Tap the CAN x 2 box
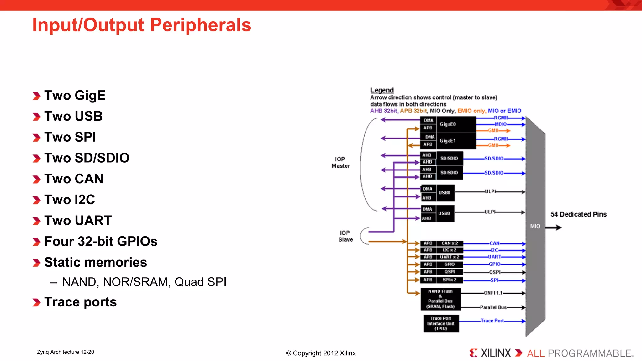tap(450, 243)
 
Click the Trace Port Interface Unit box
tap(441, 323)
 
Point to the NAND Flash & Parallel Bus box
tap(440, 299)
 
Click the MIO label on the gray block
tap(535, 226)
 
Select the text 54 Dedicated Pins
tap(578, 214)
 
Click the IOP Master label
tap(340, 162)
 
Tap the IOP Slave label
tap(345, 236)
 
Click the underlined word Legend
tap(382, 90)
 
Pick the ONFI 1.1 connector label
tap(493, 293)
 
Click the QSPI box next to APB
tap(450, 272)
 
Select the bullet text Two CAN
tap(74, 179)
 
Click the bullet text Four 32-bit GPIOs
tap(101, 242)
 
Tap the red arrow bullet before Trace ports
tap(37, 302)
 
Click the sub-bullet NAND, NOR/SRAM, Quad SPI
tap(144, 282)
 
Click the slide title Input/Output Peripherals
tap(142, 25)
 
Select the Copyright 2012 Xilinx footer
tap(321, 353)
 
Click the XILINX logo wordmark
tap(495, 353)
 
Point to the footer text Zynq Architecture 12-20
tap(65, 352)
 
